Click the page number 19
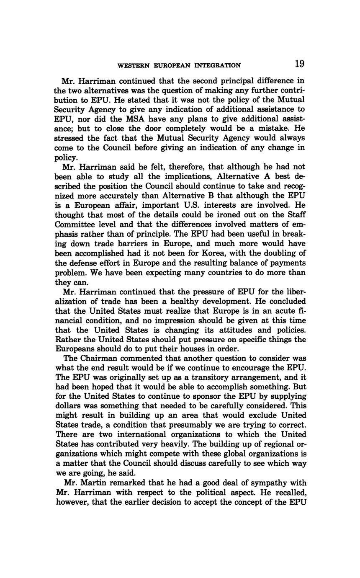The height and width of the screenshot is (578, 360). click(x=299, y=64)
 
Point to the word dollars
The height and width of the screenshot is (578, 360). click(x=68, y=406)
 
